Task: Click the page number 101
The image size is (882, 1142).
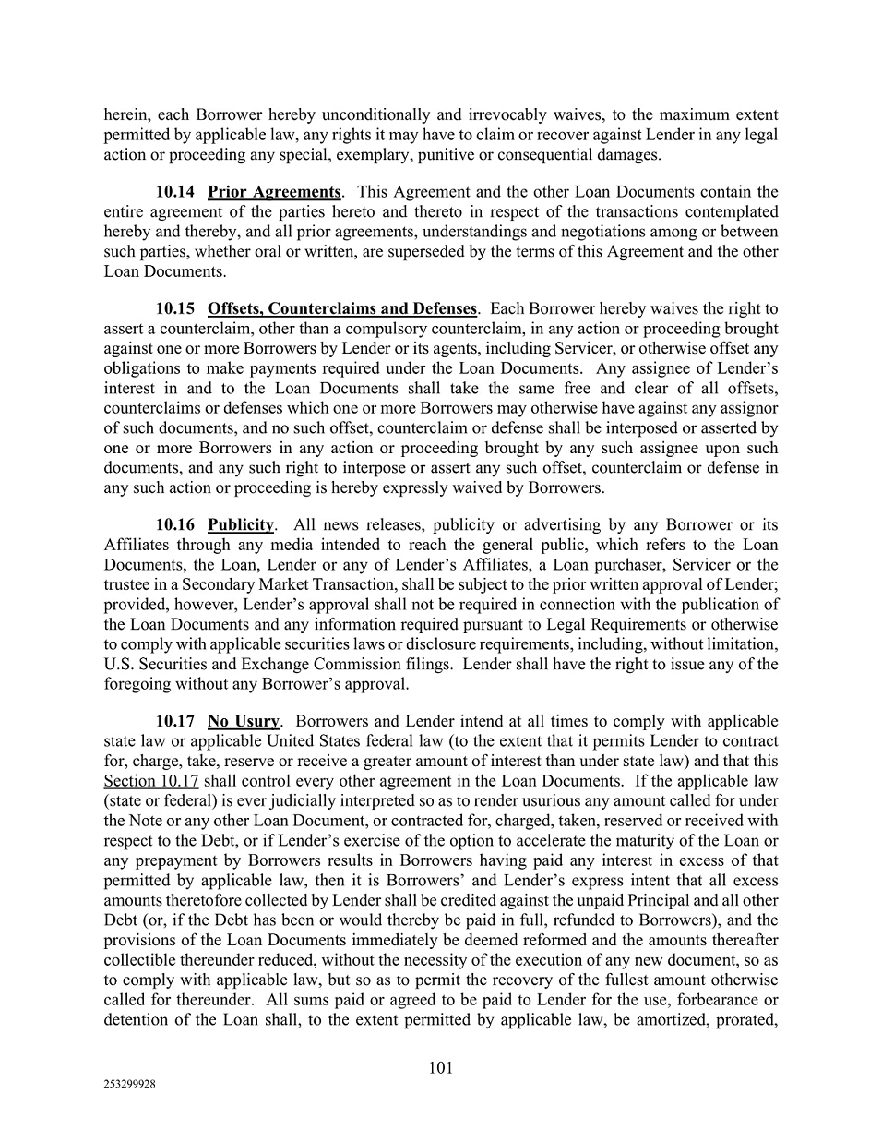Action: [x=441, y=1068]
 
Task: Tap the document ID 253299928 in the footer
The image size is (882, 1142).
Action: [x=129, y=1086]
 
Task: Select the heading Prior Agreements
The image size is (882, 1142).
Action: [x=274, y=192]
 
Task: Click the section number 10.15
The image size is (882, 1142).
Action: [x=175, y=308]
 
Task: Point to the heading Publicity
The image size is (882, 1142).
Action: [x=241, y=524]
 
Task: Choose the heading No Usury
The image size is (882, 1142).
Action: [x=244, y=721]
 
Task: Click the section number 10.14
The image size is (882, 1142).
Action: [x=175, y=192]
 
